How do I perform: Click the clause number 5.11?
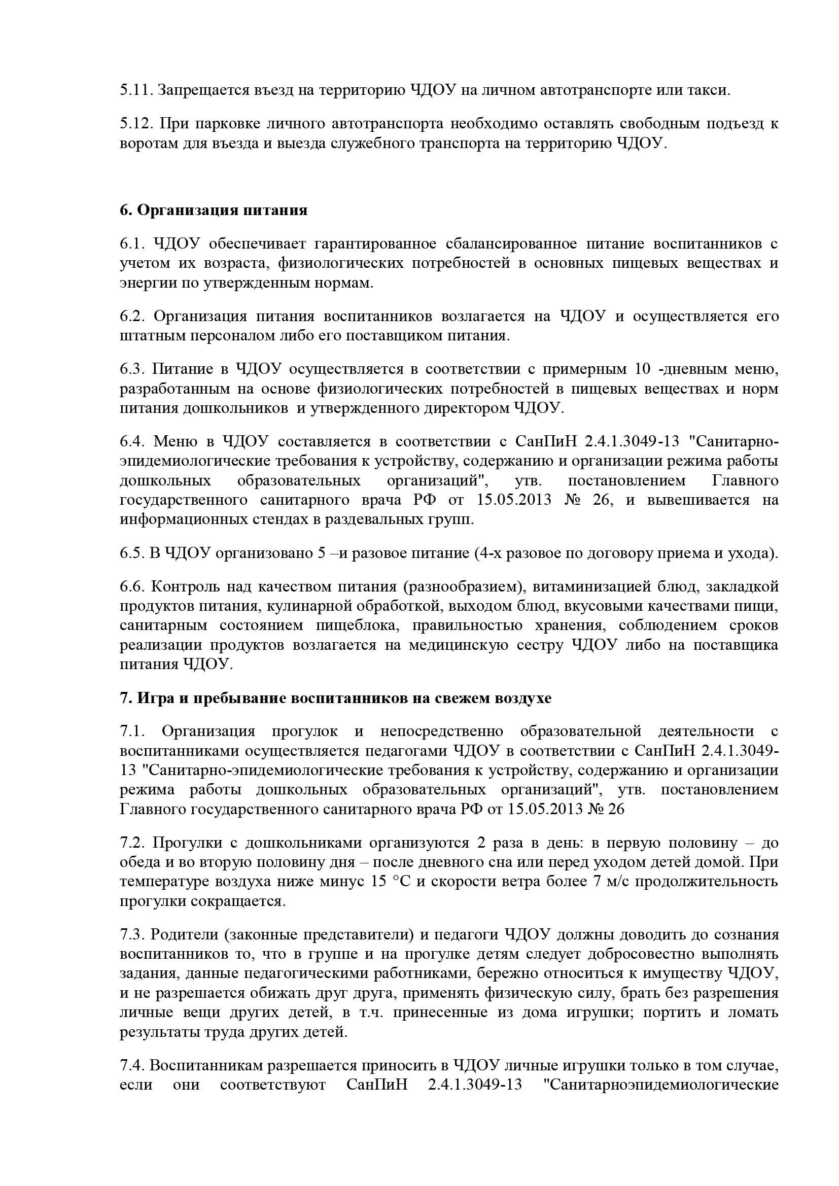pos(135,90)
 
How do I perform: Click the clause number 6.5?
pos(133,553)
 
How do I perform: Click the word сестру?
pos(538,645)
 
